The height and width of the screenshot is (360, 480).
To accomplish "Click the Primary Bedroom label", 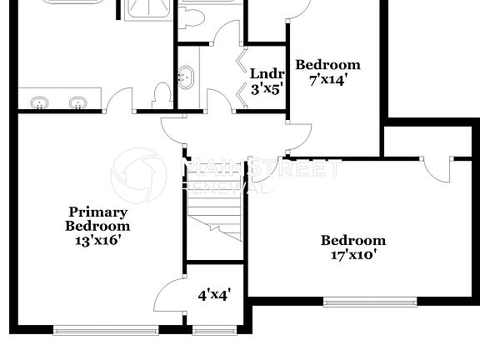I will coord(98,219).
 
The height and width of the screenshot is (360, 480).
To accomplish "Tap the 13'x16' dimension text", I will coord(98,240).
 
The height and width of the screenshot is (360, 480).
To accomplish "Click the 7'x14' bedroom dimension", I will coord(327,80).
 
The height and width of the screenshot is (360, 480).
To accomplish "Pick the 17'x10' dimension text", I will coord(353,255).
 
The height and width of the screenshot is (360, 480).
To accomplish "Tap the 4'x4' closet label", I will coord(213,294).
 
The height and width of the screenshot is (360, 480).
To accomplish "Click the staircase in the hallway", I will coord(214,212).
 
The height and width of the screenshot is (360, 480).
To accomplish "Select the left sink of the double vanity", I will coord(38,103).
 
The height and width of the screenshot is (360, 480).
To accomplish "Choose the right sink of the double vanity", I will coord(78,103).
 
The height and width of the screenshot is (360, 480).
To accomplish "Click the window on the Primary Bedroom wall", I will coord(105,331).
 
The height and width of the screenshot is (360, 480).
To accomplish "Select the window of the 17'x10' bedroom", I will coord(369,302).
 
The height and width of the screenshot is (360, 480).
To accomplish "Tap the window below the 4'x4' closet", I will coord(215,331).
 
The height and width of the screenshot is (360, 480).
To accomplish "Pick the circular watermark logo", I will coord(138,176).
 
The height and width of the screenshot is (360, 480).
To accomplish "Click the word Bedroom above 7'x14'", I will coord(327,65).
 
